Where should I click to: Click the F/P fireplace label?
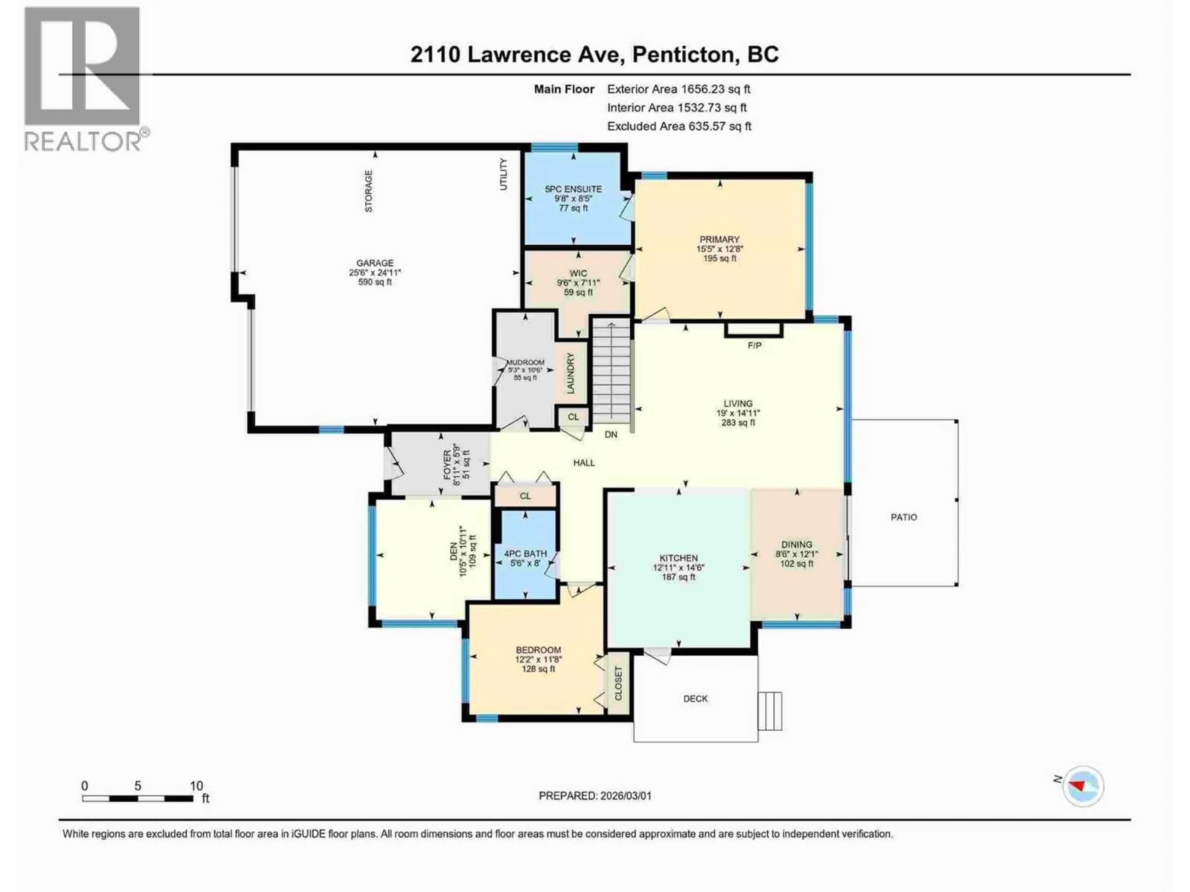[754, 346]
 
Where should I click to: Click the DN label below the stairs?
[610, 435]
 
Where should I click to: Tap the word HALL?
[584, 462]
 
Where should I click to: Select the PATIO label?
[903, 517]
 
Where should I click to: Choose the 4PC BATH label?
[525, 553]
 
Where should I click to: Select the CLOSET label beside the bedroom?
[618, 683]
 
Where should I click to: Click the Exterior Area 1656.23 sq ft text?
[678, 89]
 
